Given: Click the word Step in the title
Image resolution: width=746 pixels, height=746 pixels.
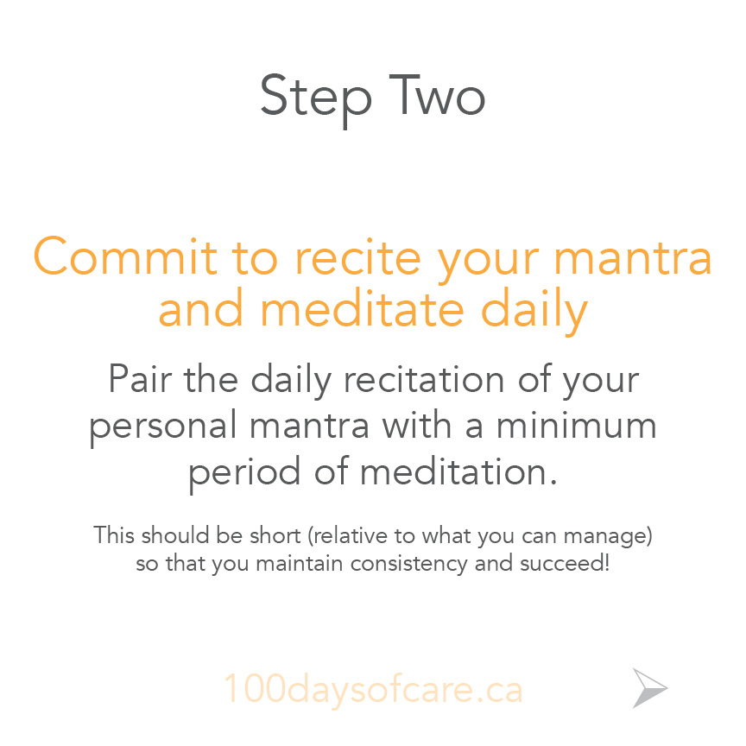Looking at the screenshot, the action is tap(315, 98).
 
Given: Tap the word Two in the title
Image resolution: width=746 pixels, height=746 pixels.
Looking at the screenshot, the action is tap(437, 95).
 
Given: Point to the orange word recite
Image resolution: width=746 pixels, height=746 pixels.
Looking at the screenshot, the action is tap(357, 257).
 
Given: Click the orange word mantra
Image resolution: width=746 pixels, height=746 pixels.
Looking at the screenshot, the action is tap(633, 259).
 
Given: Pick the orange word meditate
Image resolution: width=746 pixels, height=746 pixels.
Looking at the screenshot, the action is tap(362, 308).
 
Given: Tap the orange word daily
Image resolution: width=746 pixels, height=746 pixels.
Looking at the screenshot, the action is tap(534, 311).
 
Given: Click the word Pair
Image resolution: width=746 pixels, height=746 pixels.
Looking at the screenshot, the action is tap(140, 378).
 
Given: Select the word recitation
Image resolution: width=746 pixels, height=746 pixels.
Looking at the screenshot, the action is tap(423, 378).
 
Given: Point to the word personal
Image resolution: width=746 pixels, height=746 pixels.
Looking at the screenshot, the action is tap(162, 427).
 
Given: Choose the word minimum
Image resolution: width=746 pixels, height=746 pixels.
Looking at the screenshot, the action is tap(577, 425).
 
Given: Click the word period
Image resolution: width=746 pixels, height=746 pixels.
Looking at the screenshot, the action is tap(244, 473).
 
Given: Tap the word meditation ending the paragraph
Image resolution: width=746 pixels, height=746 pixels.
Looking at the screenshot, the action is tap(458, 471).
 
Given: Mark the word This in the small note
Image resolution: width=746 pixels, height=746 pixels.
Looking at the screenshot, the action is tap(114, 534).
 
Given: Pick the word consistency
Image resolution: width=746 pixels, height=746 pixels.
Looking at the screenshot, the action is tap(409, 565).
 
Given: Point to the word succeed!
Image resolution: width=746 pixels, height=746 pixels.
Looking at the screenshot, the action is tap(565, 563).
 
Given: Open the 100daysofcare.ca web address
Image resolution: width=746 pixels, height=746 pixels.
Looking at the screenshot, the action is tap(374, 689).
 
